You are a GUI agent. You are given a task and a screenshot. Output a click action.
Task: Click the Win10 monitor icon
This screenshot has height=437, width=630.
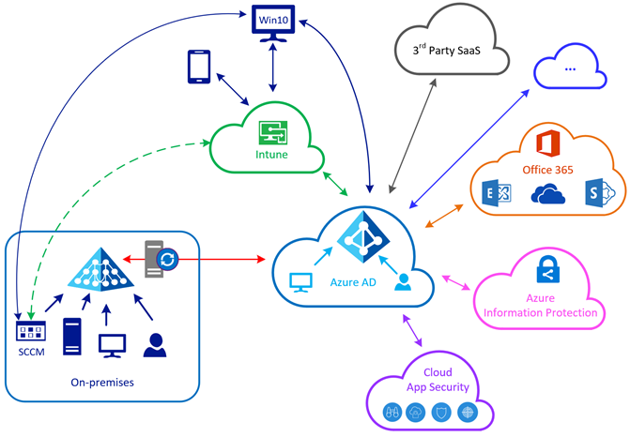click(272, 23)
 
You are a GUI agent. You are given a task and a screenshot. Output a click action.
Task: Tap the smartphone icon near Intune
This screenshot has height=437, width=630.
click(199, 66)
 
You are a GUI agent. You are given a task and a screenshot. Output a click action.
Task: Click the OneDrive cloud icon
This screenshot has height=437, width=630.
click(547, 193)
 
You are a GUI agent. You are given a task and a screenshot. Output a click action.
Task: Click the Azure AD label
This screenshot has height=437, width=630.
click(354, 281)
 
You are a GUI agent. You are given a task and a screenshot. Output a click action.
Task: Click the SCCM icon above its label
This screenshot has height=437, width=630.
click(31, 331)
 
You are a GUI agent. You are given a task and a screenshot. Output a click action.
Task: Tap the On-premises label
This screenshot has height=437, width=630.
click(103, 383)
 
